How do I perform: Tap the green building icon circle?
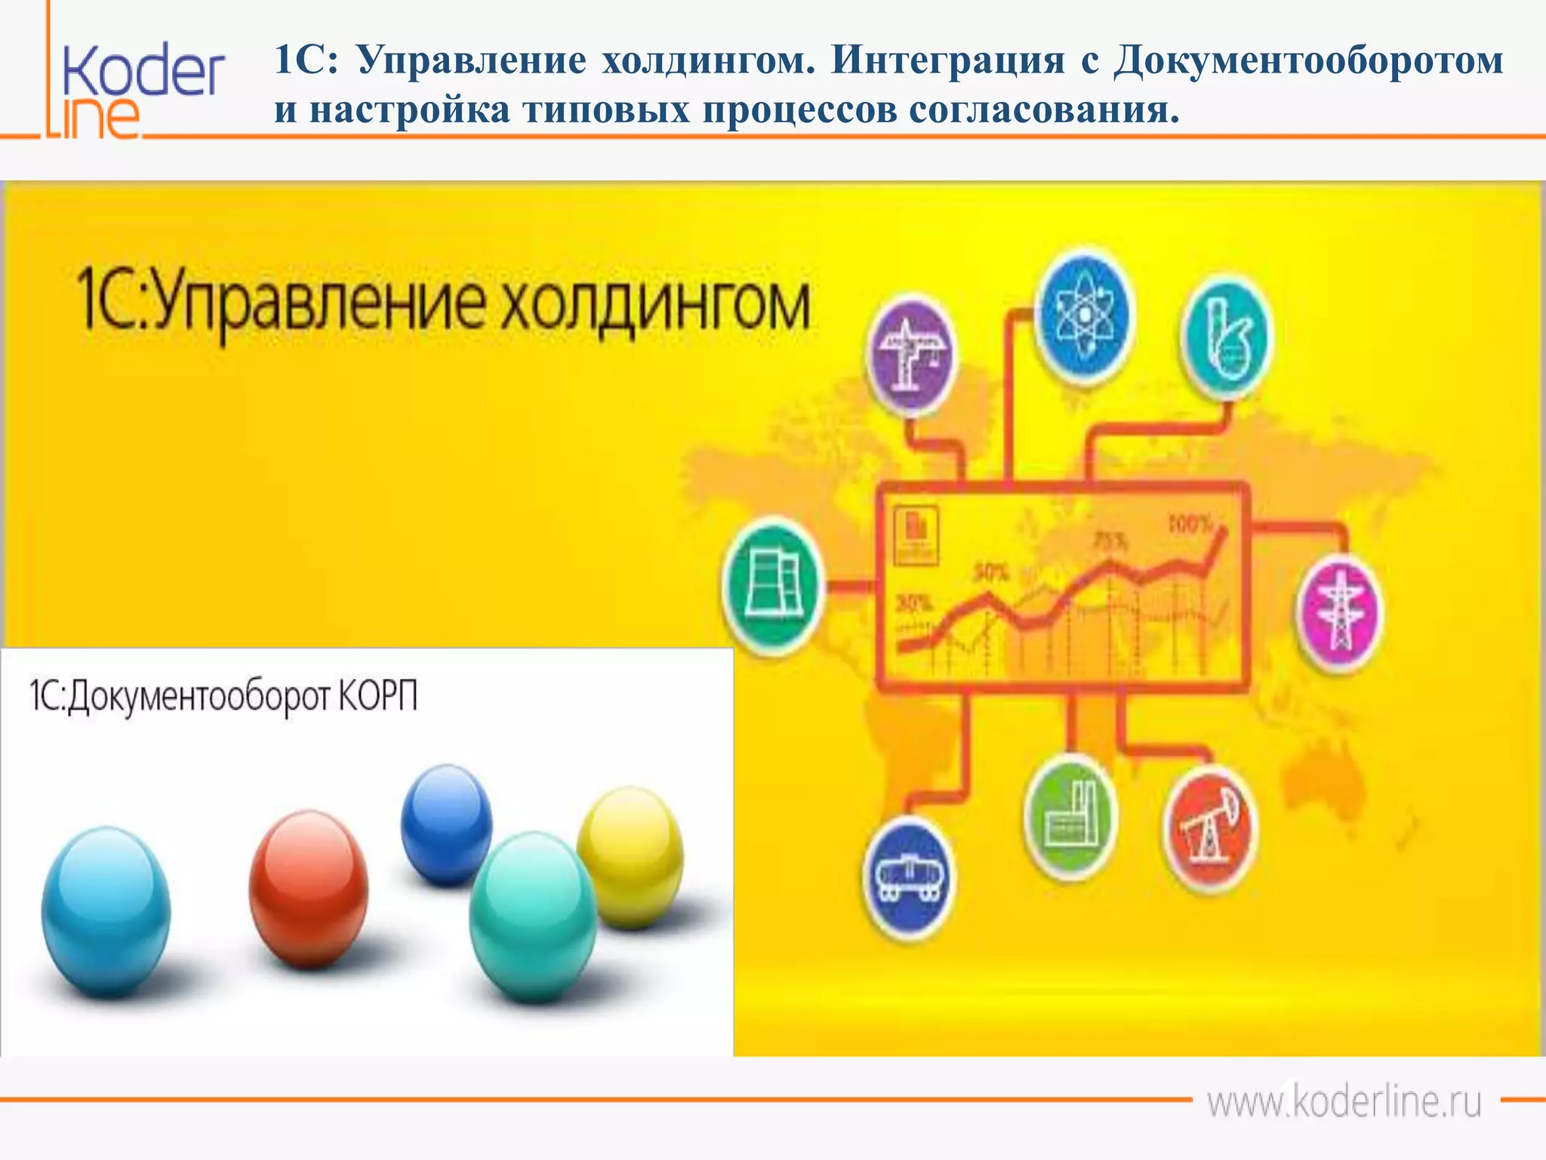(x=771, y=585)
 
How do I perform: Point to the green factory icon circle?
(x=1070, y=816)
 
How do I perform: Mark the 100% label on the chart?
(x=1190, y=523)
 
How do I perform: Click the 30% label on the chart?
(x=914, y=603)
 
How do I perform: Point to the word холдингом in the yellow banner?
(x=655, y=306)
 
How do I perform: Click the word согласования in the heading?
(x=1043, y=110)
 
